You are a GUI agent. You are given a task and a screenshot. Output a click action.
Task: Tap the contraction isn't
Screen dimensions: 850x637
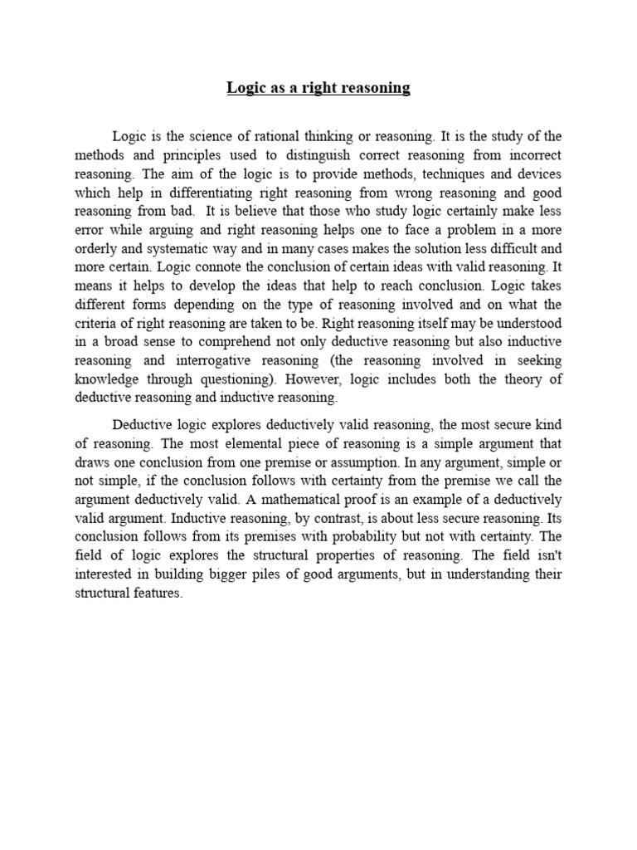tap(548, 555)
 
